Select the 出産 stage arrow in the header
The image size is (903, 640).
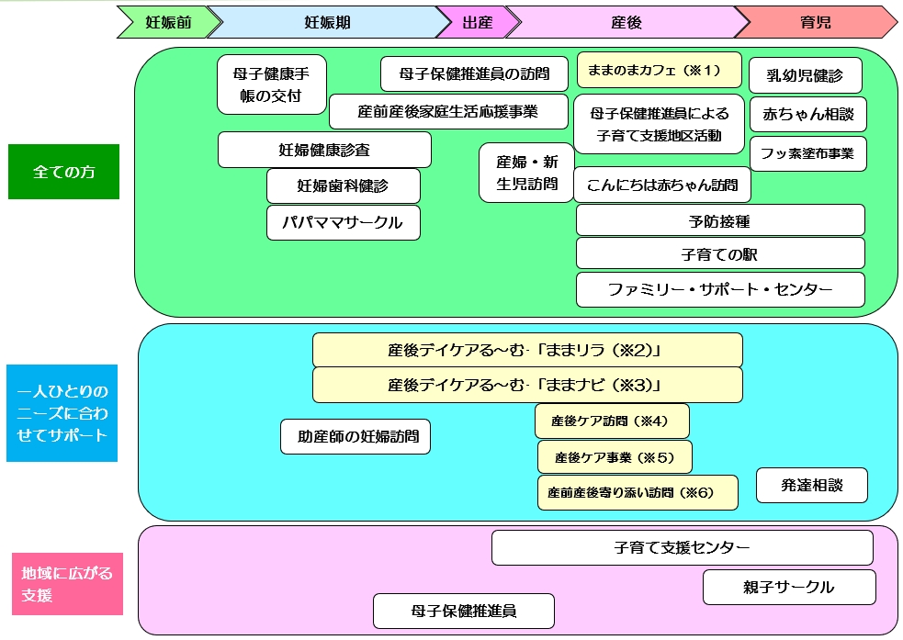click(478, 22)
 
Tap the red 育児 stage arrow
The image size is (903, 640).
click(816, 22)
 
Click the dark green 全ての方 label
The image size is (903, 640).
click(64, 172)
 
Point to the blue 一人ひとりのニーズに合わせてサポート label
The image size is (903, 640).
click(62, 412)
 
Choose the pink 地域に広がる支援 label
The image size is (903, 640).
click(67, 584)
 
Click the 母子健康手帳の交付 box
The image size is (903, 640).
click(272, 84)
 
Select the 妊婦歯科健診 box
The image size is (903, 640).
click(344, 185)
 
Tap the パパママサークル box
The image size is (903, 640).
click(344, 222)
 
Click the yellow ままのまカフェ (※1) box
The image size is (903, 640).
click(659, 71)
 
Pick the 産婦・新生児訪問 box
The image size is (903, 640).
click(526, 173)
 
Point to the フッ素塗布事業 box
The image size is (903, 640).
click(808, 153)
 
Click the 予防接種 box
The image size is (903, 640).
click(720, 220)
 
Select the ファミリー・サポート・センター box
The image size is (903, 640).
click(720, 289)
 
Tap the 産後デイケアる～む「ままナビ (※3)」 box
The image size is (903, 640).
click(527, 385)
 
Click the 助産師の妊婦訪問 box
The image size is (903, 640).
click(356, 437)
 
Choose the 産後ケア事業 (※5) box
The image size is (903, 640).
click(615, 457)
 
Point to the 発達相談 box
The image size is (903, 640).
click(811, 485)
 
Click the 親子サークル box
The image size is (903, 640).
click(789, 587)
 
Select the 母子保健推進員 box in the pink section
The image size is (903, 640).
click(464, 612)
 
